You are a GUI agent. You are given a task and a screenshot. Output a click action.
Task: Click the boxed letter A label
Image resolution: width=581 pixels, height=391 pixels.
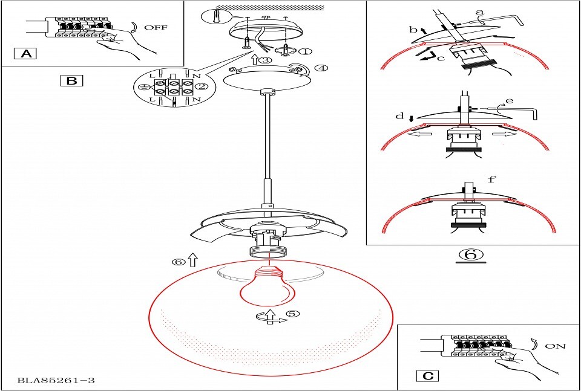[25, 54]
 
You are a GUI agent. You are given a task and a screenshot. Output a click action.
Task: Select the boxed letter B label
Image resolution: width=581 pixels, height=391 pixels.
[71, 80]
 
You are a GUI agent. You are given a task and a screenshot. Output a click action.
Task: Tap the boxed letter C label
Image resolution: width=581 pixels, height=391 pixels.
[428, 376]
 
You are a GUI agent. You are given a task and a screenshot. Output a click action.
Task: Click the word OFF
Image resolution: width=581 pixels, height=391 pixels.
[156, 27]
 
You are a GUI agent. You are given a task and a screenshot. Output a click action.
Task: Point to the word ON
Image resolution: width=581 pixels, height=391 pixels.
[556, 347]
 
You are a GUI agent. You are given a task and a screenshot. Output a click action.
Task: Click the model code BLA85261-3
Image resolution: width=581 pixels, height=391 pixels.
[56, 380]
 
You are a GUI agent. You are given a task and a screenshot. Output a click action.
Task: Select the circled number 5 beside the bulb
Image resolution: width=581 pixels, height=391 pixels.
[293, 313]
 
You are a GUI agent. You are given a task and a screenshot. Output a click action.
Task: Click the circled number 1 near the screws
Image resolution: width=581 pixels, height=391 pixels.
[305, 51]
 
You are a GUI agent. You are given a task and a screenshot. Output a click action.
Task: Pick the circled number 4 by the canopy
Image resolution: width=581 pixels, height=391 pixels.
[321, 68]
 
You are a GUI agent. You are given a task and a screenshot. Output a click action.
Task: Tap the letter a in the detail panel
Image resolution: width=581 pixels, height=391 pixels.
[480, 12]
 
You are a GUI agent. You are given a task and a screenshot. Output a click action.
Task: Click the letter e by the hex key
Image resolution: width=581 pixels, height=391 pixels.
[510, 100]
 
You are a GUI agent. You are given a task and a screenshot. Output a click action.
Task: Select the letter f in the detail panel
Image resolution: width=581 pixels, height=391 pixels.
[491, 179]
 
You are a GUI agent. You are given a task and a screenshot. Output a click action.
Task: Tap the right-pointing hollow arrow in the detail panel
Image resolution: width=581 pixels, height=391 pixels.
[504, 134]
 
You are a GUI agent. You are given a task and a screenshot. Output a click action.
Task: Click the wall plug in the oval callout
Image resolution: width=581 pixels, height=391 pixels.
[217, 16]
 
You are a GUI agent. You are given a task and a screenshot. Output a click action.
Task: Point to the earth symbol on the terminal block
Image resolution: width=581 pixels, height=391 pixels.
[141, 86]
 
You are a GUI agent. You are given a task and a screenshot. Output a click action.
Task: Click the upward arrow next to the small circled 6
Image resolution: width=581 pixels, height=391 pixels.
[192, 260]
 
